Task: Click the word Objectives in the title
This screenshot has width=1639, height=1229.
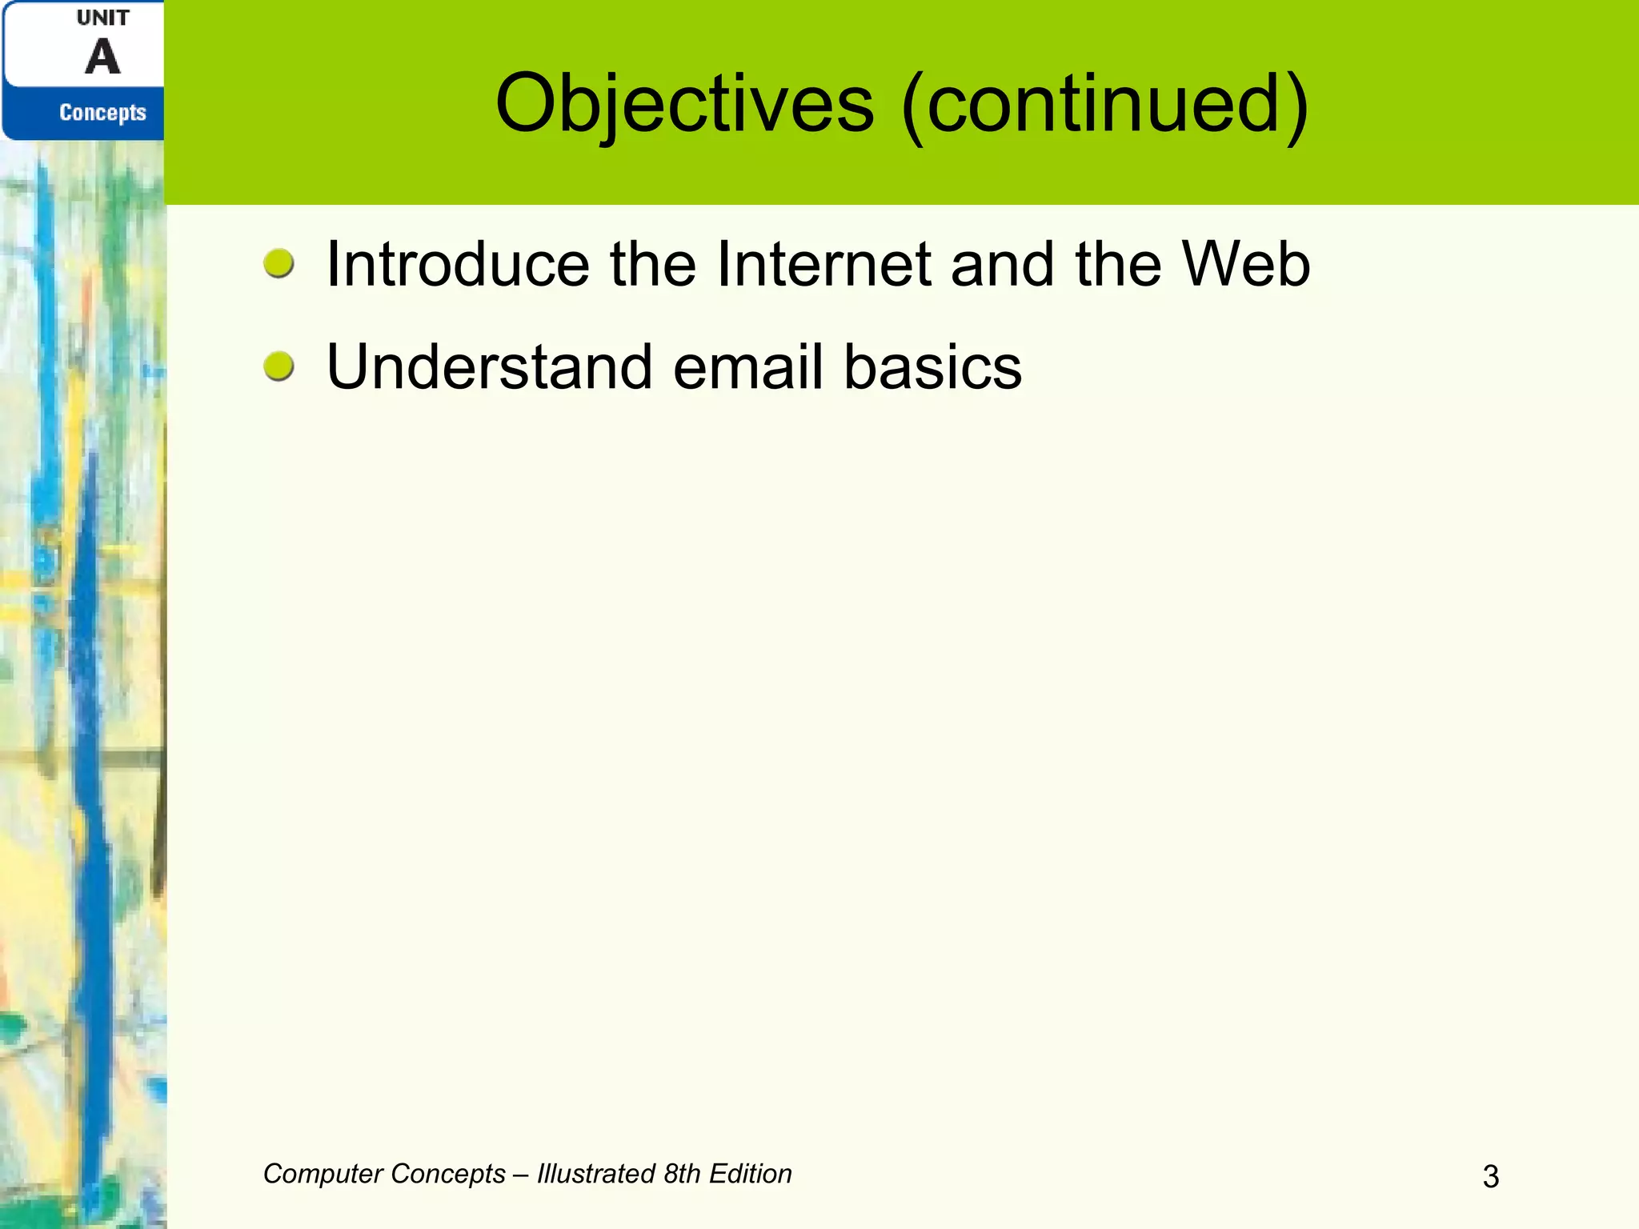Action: coord(684,104)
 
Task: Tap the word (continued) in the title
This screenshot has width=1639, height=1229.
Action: coord(1104,104)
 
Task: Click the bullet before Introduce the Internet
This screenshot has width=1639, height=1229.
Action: coord(279,263)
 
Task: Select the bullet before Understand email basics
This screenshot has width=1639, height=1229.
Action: coord(279,366)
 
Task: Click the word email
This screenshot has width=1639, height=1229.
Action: coord(748,367)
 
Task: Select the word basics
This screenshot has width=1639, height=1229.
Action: coord(932,367)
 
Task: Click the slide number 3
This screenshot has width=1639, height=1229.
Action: coord(1490,1176)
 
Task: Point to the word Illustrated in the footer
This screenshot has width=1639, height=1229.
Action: coord(596,1174)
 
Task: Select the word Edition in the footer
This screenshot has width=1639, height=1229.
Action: coord(751,1174)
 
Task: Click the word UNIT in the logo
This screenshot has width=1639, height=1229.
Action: coord(102,18)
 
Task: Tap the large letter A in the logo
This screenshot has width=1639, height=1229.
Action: coord(102,58)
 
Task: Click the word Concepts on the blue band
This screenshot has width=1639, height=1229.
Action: coord(102,113)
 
